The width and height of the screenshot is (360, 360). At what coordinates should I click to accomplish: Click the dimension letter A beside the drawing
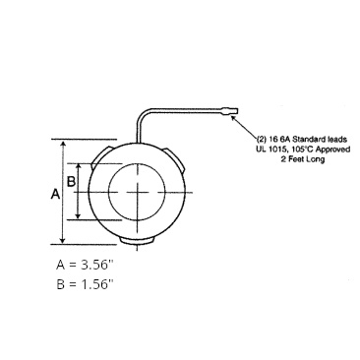point(56,194)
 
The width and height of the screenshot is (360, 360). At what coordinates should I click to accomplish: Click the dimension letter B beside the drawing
point(72,181)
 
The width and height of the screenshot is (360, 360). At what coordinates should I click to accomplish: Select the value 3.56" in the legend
point(95,265)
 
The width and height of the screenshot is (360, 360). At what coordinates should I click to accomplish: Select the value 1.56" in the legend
point(95,284)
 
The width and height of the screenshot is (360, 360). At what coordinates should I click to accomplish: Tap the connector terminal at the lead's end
point(230,111)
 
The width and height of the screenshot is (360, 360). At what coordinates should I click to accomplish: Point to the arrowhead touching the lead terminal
point(234,117)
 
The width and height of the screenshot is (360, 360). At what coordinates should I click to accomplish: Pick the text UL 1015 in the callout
point(269,150)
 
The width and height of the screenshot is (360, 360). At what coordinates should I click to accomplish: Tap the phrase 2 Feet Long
point(302,160)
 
